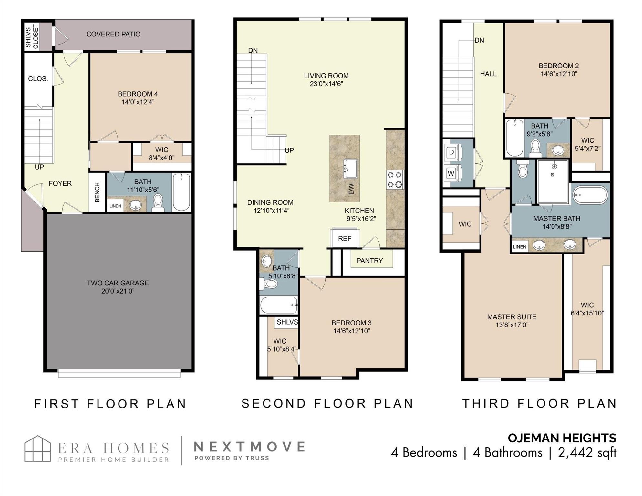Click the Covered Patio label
[x=113, y=34]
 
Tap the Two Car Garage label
[x=118, y=283]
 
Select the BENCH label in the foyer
[x=97, y=192]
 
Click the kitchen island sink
[x=350, y=169]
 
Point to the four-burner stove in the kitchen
[x=395, y=180]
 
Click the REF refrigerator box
[x=345, y=238]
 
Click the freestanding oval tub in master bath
[x=590, y=195]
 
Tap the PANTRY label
[x=369, y=261]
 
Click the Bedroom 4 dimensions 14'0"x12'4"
[x=138, y=102]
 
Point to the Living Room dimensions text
[x=326, y=84]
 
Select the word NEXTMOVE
[x=249, y=447]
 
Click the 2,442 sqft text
[x=587, y=452]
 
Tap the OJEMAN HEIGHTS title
[x=562, y=438]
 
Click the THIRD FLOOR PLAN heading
[x=540, y=403]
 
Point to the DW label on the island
[x=351, y=189]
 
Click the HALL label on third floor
[x=488, y=74]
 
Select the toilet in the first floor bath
[x=158, y=202]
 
